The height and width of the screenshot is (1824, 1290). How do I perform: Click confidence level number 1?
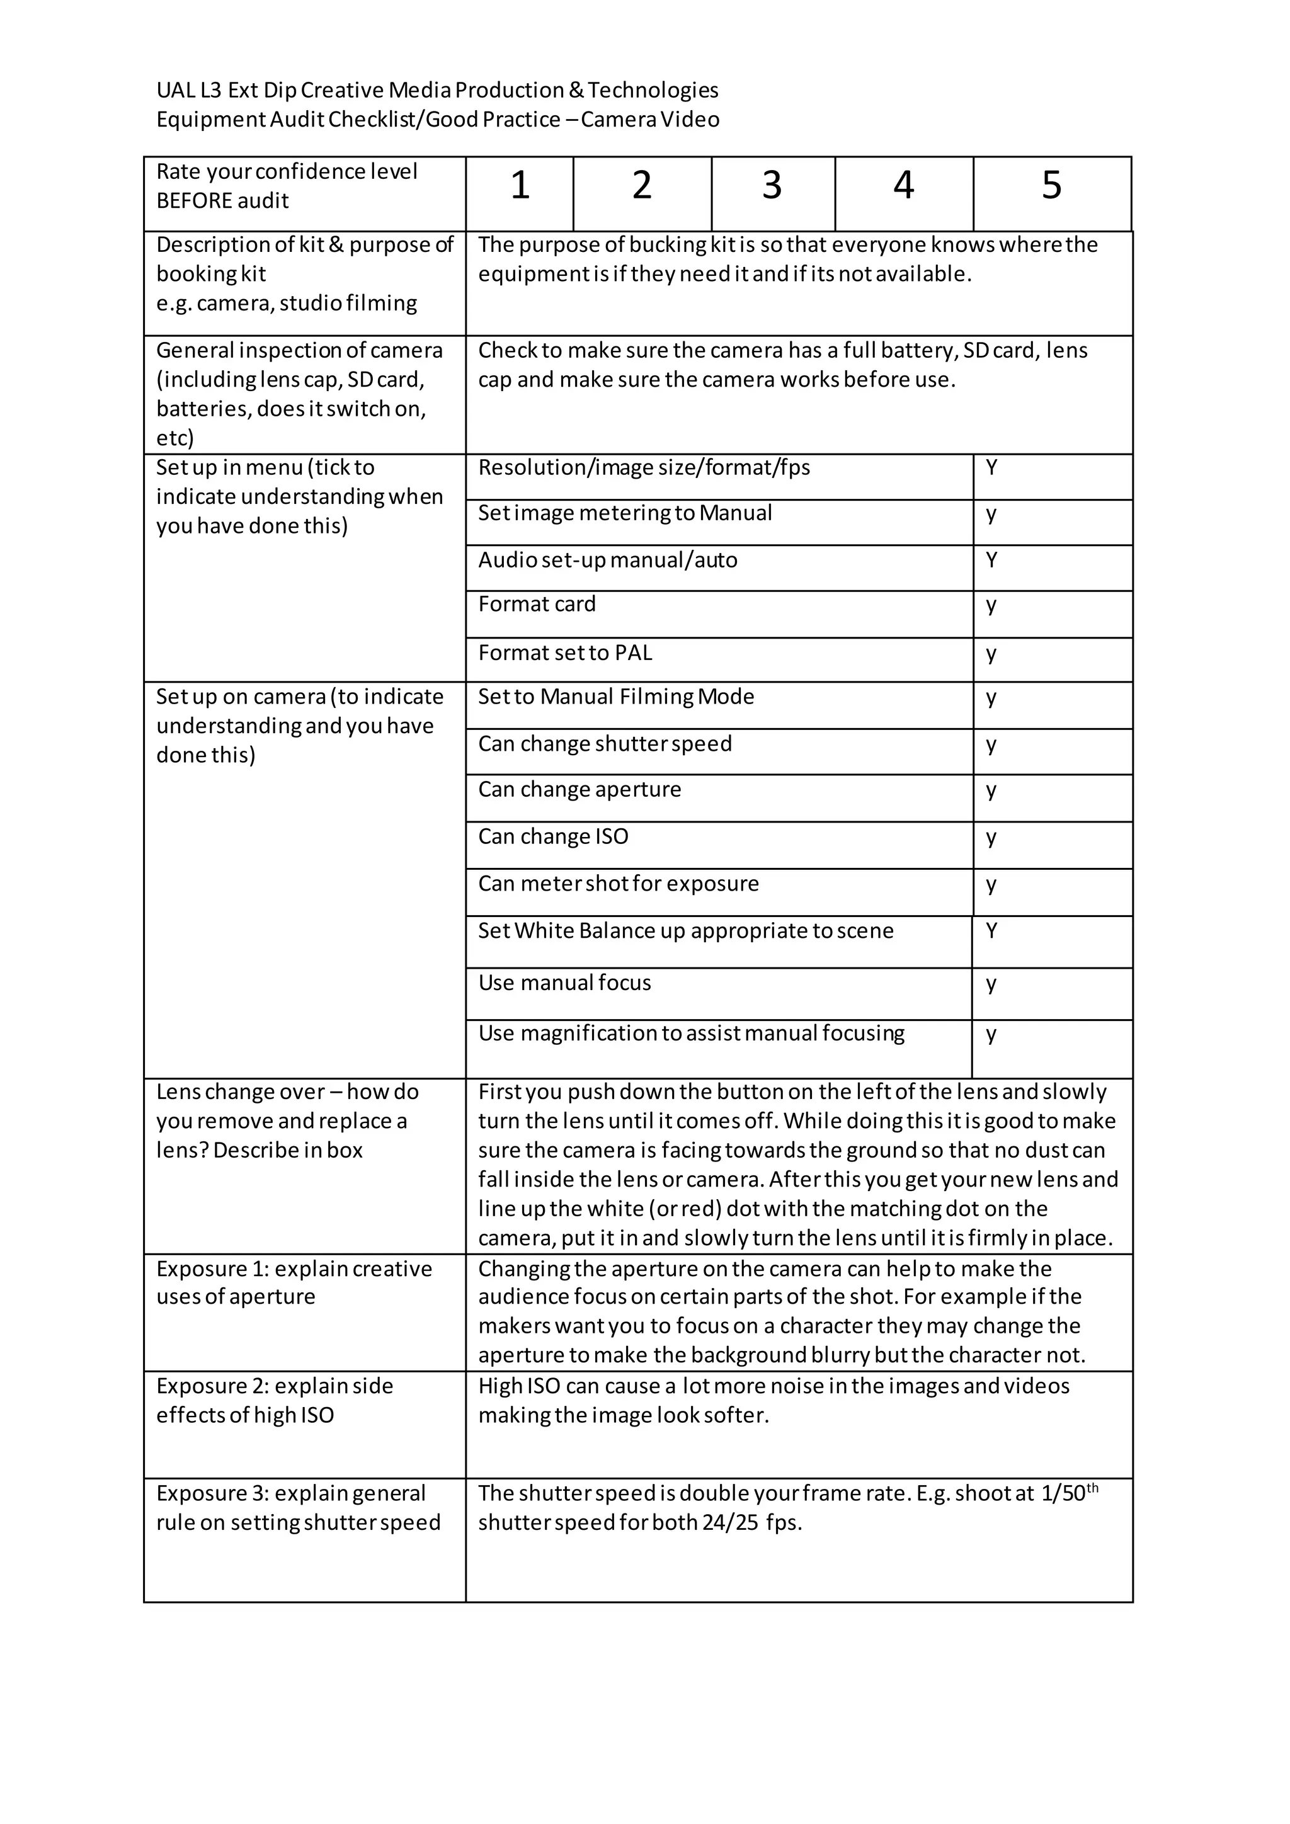click(x=520, y=185)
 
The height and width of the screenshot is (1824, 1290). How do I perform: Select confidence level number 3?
click(x=772, y=185)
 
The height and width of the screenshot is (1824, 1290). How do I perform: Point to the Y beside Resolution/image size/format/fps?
click(x=991, y=467)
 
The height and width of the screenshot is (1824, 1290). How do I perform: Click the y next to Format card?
click(x=991, y=606)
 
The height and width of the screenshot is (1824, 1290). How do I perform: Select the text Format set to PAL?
click(x=565, y=653)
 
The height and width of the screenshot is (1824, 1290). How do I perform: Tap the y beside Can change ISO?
click(x=991, y=838)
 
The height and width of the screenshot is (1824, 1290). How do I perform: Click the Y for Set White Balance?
click(x=991, y=930)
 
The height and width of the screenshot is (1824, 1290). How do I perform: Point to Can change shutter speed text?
click(x=605, y=744)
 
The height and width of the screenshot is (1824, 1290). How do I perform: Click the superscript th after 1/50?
click(x=1092, y=1487)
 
